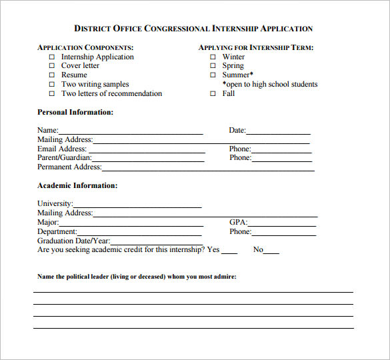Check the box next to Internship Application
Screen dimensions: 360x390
pyautogui.click(x=52, y=57)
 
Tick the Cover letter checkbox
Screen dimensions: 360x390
pyautogui.click(x=52, y=67)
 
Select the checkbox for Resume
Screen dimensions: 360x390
pyautogui.click(x=52, y=76)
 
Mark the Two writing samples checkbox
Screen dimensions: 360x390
pyautogui.click(x=52, y=85)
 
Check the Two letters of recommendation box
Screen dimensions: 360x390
pyautogui.click(x=52, y=94)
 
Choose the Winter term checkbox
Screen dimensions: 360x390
pyautogui.click(x=213, y=57)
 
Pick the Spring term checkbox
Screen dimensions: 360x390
pyautogui.click(x=213, y=67)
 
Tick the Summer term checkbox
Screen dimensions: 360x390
pyautogui.click(x=213, y=76)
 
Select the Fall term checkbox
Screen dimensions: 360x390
pyautogui.click(x=213, y=94)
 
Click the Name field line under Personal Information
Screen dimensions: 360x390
pyautogui.click(x=130, y=132)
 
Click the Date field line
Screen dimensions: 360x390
pyautogui.click(x=278, y=132)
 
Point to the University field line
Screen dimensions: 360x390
pyautogui.click(x=137, y=205)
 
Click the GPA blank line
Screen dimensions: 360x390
pyautogui.click(x=281, y=224)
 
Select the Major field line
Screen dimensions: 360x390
pyautogui.click(x=130, y=224)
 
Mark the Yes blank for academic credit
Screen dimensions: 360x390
pyautogui.click(x=229, y=251)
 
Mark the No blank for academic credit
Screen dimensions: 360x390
pyautogui.click(x=271, y=251)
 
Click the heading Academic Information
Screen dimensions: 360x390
pyautogui.click(x=77, y=185)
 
